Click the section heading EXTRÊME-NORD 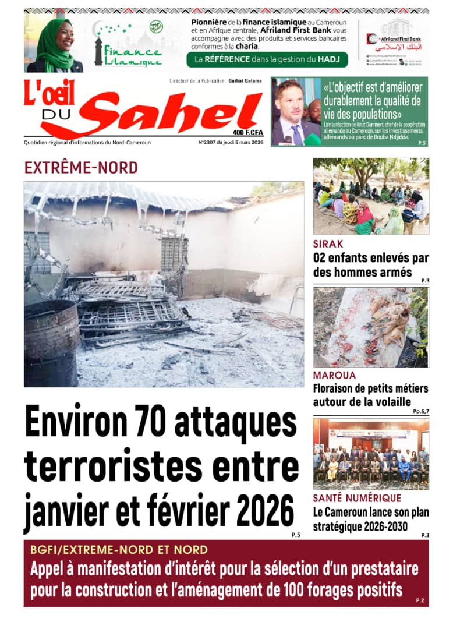[81, 168]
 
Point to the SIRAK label [328, 244]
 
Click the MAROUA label [334, 376]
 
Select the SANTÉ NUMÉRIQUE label [357, 499]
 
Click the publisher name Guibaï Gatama [245, 81]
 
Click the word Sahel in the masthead [175, 112]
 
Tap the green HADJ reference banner [267, 59]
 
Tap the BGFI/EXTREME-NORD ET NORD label [119, 550]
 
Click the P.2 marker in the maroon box [420, 600]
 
